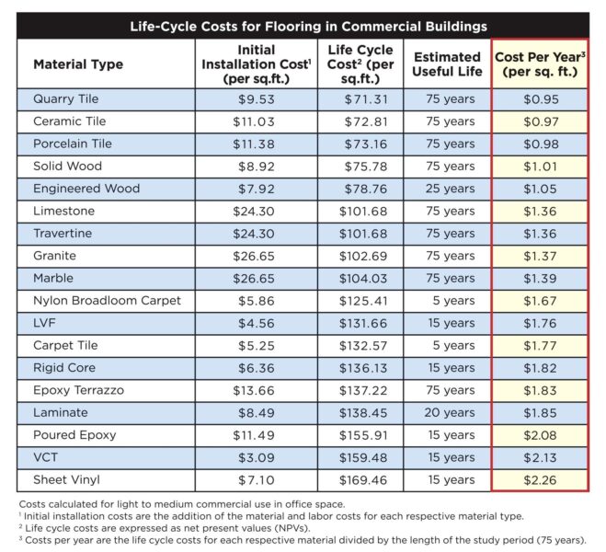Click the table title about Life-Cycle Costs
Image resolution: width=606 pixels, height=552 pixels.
[303, 26]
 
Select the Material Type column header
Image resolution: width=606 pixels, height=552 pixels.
[78, 64]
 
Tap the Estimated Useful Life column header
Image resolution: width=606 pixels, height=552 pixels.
[446, 64]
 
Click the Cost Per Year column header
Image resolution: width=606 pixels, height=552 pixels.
[540, 64]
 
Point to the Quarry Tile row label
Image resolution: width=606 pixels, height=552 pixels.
[65, 99]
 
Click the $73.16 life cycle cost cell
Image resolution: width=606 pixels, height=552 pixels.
[360, 144]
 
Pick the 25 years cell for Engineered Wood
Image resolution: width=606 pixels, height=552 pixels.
[446, 189]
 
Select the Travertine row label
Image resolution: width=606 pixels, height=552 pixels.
[63, 234]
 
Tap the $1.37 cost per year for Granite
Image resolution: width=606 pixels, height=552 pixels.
[540, 256]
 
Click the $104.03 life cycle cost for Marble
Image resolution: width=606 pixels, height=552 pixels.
[360, 278]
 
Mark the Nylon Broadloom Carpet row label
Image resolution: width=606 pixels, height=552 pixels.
[107, 301]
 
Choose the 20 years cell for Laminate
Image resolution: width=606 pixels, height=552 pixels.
[446, 413]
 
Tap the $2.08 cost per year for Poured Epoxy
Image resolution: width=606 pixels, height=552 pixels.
[540, 435]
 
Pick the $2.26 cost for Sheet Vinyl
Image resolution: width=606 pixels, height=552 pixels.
[540, 480]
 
